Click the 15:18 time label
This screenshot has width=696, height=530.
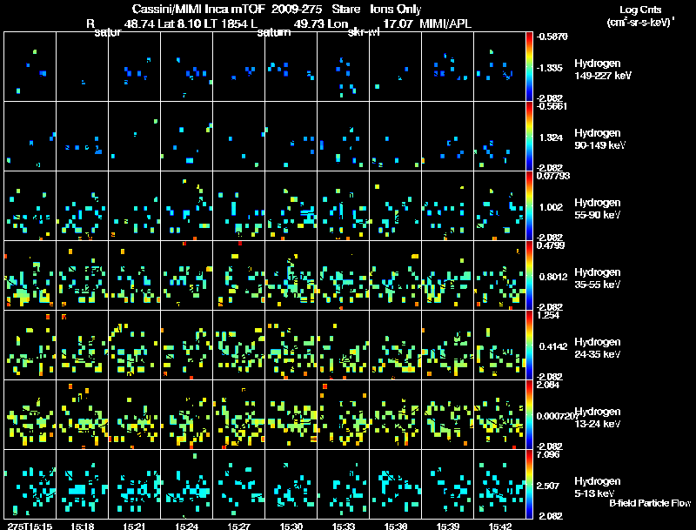click(84, 526)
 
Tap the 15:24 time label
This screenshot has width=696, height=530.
click(186, 526)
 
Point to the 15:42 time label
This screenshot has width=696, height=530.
click(499, 526)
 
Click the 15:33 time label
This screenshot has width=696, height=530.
click(343, 526)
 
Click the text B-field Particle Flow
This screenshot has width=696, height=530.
click(650, 503)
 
